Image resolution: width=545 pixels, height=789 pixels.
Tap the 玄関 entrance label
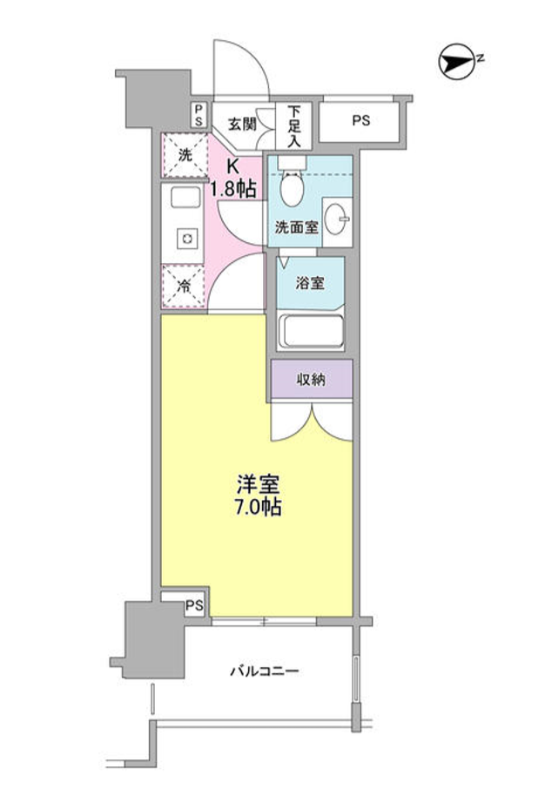(242, 123)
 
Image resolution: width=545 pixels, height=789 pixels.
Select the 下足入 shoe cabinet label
(294, 125)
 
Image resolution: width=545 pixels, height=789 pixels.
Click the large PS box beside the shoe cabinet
(360, 122)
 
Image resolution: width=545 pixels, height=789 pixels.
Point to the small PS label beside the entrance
(198, 115)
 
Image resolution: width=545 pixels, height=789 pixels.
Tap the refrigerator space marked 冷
(184, 285)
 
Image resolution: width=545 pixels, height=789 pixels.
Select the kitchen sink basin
(185, 199)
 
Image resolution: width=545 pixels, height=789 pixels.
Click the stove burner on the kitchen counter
(185, 238)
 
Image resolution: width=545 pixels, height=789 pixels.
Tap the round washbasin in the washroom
(337, 215)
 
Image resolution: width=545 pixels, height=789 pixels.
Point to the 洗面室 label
(296, 228)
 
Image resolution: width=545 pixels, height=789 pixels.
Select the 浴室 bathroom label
(310, 283)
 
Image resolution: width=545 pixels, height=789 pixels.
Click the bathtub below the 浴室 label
(310, 332)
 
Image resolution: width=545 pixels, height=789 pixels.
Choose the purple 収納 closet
(311, 379)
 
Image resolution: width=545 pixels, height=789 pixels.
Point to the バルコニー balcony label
(265, 671)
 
